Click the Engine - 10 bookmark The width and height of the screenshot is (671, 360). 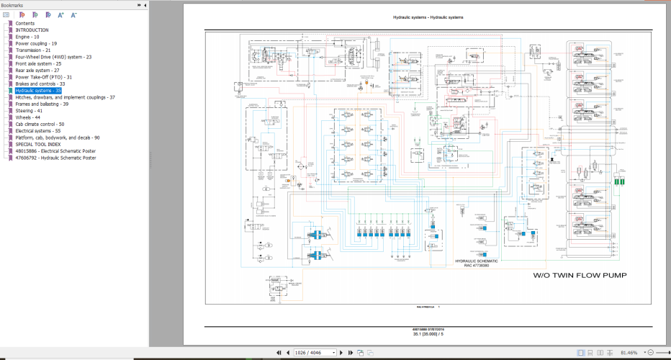tap(27, 37)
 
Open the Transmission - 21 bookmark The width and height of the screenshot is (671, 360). tap(33, 50)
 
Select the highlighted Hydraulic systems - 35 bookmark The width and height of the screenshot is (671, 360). tap(38, 91)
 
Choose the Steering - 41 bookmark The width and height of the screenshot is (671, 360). tap(29, 111)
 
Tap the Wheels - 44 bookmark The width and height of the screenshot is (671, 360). tap(28, 117)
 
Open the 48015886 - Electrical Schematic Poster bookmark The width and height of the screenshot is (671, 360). tap(55, 151)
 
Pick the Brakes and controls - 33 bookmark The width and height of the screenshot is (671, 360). tap(40, 84)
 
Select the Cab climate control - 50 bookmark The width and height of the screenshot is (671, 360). tap(40, 124)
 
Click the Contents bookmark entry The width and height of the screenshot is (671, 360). tap(24, 23)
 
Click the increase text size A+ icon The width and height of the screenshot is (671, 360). tap(60, 14)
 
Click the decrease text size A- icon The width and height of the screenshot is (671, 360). tap(73, 14)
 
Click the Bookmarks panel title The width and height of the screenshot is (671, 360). tap(12, 5)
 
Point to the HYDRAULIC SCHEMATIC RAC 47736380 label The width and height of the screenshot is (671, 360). tap(476, 263)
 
